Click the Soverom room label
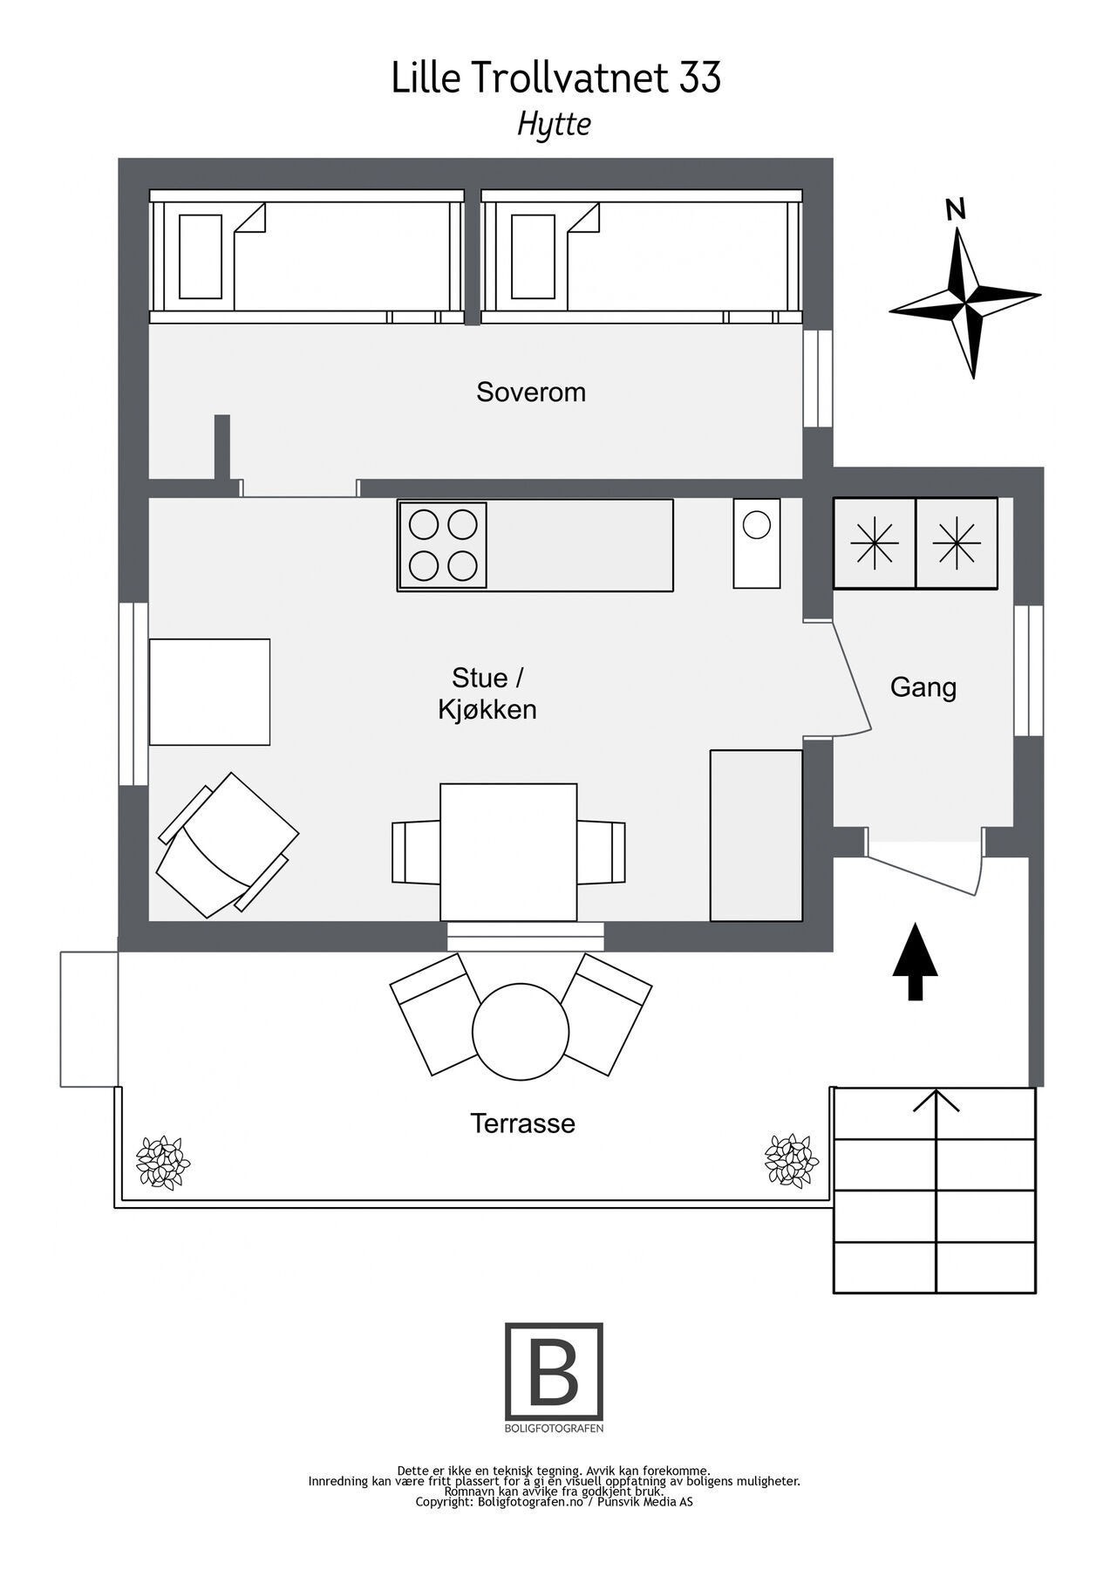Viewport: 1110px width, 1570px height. point(530,392)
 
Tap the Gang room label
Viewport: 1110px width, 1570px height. point(923,687)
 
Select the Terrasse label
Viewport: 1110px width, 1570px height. point(522,1123)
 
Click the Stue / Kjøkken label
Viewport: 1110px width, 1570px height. point(487,693)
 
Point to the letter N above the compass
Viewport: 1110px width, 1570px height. point(956,209)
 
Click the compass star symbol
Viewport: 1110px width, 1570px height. point(966,303)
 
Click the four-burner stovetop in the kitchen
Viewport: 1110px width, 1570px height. point(443,545)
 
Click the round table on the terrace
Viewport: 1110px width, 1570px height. point(520,1032)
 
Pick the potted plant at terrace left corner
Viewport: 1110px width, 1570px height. point(163,1162)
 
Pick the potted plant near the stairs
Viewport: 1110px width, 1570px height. point(791,1160)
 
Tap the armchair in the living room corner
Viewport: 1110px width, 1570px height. point(227,844)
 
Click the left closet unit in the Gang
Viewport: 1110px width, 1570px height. point(875,543)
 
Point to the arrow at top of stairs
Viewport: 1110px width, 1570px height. point(936,1102)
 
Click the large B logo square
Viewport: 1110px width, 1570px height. point(554,1371)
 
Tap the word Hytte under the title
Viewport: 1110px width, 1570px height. point(554,124)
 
